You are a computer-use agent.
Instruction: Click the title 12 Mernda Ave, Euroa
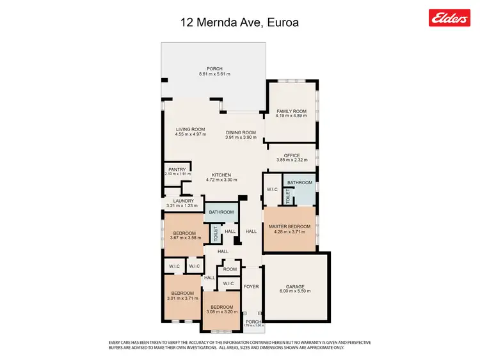pos(239,23)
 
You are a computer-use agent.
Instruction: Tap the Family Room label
pos(291,111)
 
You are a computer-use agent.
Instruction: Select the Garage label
pos(295,286)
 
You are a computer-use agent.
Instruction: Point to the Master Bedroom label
pos(290,227)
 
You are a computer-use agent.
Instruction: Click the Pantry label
pos(177,169)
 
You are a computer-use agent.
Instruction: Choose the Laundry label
pos(179,201)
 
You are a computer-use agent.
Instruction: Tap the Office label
pos(292,155)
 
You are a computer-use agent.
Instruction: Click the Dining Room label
pos(241,132)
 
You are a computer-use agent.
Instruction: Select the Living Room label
pos(191,129)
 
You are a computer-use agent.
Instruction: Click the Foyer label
pos(252,286)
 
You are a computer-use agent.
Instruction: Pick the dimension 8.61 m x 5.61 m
pos(214,74)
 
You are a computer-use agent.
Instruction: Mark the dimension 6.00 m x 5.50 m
pos(295,291)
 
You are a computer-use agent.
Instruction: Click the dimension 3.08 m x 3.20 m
pos(221,311)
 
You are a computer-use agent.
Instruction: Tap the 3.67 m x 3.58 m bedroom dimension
pos(186,238)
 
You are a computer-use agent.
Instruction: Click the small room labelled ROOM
pos(230,269)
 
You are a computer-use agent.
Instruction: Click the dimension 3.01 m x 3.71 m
pos(182,297)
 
